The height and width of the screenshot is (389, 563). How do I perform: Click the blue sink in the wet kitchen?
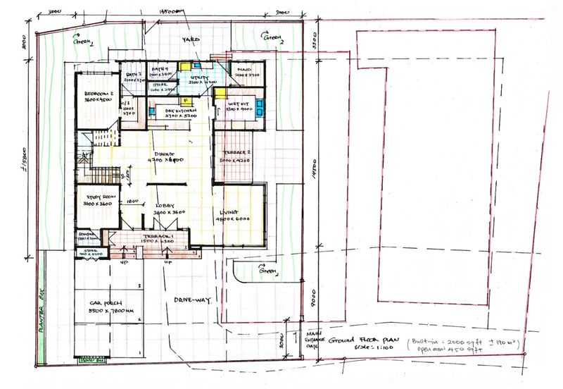coord(260,106)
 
